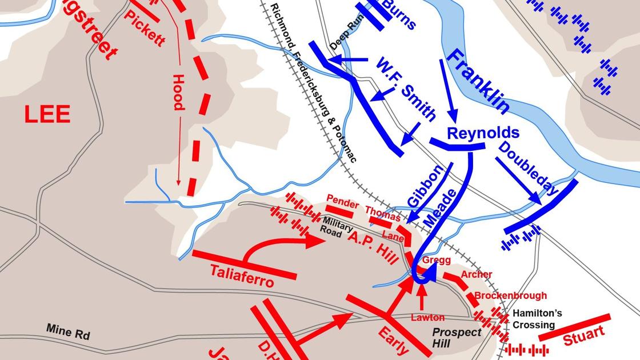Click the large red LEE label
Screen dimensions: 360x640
(47, 115)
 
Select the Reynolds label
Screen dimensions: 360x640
(483, 133)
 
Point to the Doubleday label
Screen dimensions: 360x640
(527, 169)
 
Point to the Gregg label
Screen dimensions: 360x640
(437, 260)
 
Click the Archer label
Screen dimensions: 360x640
(476, 274)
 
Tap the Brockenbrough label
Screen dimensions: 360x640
(510, 295)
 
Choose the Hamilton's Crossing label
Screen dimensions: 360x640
(537, 319)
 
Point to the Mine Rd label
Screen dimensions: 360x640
(68, 331)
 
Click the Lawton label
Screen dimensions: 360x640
(427, 317)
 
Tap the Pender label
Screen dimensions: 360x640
(342, 204)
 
